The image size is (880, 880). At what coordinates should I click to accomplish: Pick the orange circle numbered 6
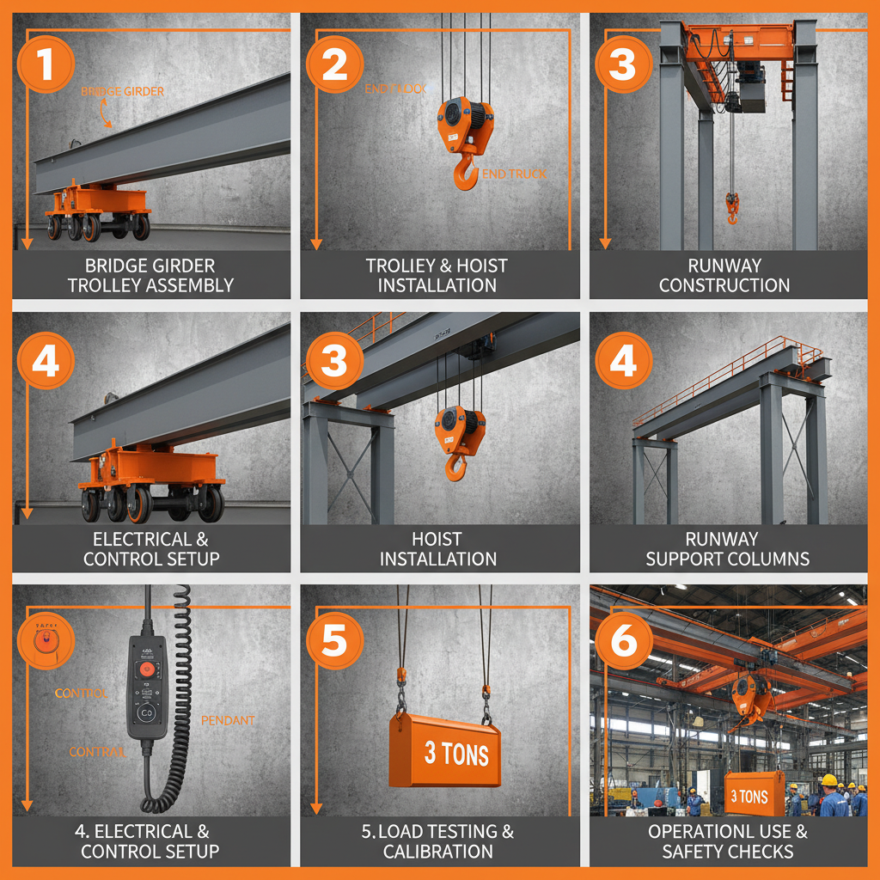point(623,640)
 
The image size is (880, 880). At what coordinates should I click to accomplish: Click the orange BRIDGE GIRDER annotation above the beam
point(122,92)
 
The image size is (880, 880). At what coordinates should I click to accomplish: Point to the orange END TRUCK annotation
point(514,174)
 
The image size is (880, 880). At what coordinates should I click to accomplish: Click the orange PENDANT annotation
point(228,720)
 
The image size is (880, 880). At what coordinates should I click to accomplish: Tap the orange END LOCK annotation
point(395,89)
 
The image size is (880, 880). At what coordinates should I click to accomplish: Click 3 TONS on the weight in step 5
point(456,755)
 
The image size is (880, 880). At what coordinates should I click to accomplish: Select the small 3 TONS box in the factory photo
point(749,797)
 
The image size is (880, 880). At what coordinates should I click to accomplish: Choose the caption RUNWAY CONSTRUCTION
point(724,275)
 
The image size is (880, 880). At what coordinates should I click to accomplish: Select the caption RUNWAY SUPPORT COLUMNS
point(727,548)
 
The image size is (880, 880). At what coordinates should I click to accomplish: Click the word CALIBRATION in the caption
point(437,852)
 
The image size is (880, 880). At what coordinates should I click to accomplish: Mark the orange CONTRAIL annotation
point(97,752)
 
